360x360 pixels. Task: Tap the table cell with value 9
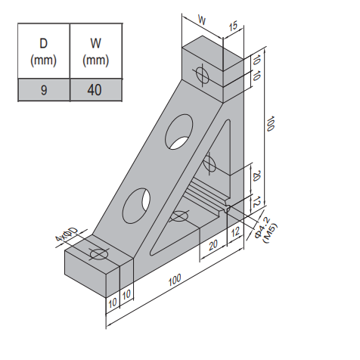pyautogui.click(x=44, y=90)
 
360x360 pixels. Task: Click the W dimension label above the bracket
pyautogui.click(x=202, y=18)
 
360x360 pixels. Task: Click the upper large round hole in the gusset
pyautogui.click(x=180, y=131)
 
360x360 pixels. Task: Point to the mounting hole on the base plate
pyautogui.click(x=179, y=217)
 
